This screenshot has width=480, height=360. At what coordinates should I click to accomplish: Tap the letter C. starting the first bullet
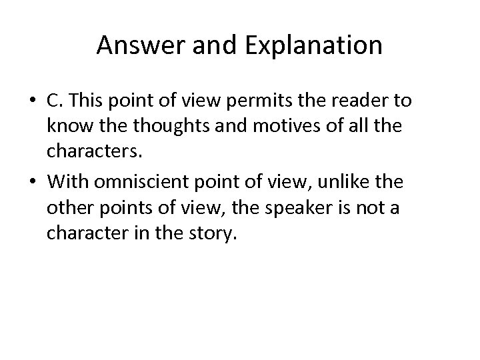click(x=55, y=100)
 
